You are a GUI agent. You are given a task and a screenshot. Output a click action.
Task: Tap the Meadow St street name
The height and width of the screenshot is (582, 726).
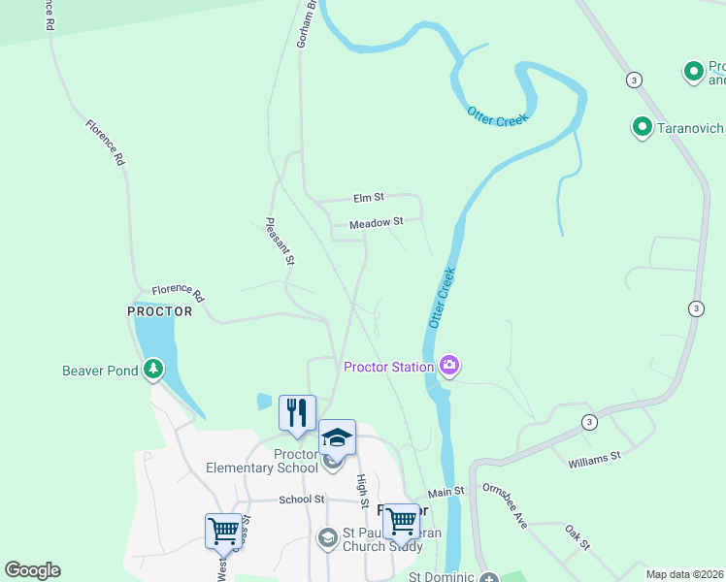coord(377,223)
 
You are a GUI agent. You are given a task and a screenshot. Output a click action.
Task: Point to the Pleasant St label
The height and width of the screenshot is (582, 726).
coord(280,242)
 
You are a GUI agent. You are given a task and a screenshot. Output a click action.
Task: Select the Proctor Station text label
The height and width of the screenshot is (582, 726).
coord(388,367)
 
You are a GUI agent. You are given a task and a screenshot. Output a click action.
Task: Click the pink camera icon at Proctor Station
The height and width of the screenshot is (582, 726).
coord(449,366)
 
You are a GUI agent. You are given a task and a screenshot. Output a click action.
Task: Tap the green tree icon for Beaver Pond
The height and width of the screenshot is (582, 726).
coord(152,369)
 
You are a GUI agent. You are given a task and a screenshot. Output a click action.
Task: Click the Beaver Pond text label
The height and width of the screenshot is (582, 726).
coord(102,370)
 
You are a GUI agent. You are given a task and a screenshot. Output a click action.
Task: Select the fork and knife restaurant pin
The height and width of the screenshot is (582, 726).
coord(297,412)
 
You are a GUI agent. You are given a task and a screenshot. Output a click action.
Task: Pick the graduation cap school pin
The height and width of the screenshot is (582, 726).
coord(337,437)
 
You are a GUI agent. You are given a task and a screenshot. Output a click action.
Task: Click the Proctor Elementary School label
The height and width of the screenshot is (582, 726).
coord(262,462)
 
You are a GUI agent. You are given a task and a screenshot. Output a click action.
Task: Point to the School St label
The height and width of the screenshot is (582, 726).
coord(301,499)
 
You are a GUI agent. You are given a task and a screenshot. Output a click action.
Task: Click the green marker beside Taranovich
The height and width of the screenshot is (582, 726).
coord(642,126)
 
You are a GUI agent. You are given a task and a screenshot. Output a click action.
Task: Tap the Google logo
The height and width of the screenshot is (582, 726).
coord(32,570)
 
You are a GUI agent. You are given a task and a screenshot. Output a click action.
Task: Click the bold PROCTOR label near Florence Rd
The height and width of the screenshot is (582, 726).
coord(160,311)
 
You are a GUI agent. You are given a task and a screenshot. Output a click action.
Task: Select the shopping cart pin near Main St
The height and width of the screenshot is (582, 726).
coord(400,521)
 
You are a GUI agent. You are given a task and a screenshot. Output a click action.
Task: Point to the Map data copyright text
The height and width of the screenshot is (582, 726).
coord(685,574)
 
